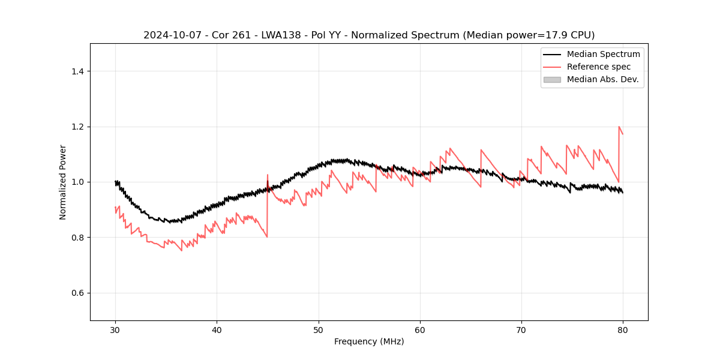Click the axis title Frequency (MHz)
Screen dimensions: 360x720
369,341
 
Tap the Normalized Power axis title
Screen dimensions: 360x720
63,182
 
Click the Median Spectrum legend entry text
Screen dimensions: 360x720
603,54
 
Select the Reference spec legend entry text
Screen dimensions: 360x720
599,67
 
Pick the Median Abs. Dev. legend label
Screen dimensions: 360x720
602,79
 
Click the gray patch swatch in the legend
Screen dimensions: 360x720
552,79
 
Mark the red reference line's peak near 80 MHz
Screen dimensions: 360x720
619,127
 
